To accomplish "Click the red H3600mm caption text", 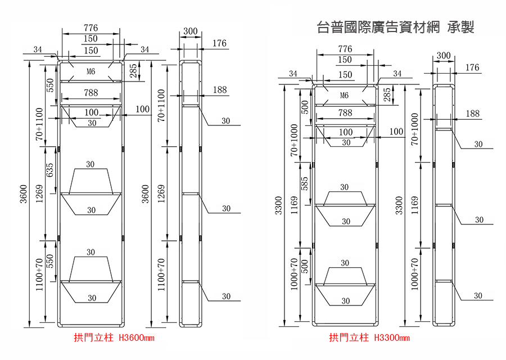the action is (137, 337).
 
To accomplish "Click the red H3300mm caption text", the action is (392, 337).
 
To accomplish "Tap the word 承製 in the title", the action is (460, 27).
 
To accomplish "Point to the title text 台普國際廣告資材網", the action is (378, 27).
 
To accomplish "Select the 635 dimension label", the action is (49, 170).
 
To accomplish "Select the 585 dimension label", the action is (304, 183).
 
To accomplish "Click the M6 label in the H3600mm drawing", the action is (91, 71).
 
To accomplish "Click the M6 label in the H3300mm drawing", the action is (344, 95).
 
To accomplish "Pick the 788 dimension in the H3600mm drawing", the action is (91, 93).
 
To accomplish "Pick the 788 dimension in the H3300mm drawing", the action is (345, 112).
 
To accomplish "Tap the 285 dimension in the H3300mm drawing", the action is (387, 94).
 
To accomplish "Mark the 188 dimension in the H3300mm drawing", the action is (472, 113).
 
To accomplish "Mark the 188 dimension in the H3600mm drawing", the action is (220, 89).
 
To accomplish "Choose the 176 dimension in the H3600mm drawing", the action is (219, 43).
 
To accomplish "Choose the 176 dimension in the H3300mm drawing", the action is (472, 67).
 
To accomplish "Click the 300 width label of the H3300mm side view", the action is (444, 56).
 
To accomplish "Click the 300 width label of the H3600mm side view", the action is (191, 31).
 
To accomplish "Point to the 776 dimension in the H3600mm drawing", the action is (91, 28).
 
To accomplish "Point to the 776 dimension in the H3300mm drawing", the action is (345, 49).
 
